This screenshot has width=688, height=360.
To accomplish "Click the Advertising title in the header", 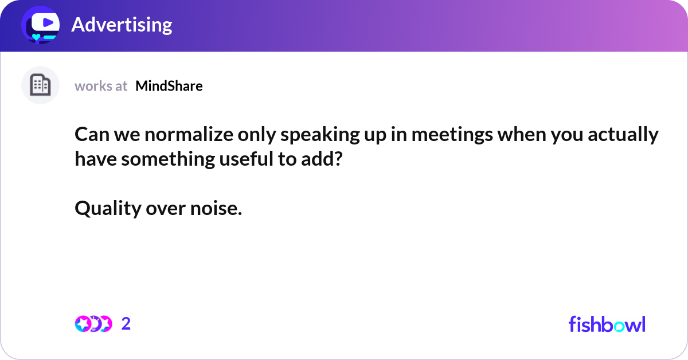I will coord(122,25).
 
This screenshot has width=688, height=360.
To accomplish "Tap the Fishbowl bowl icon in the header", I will coord(40,26).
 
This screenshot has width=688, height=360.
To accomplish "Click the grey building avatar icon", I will coord(40,85).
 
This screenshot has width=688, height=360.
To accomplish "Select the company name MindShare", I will coord(169,86).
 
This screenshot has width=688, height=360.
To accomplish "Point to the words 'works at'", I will coord(101,86).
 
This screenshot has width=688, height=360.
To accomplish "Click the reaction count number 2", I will coord(126,324).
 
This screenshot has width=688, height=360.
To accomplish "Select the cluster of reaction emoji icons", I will coord(93,324).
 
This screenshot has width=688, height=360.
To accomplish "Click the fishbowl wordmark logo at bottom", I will coord(607,324).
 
